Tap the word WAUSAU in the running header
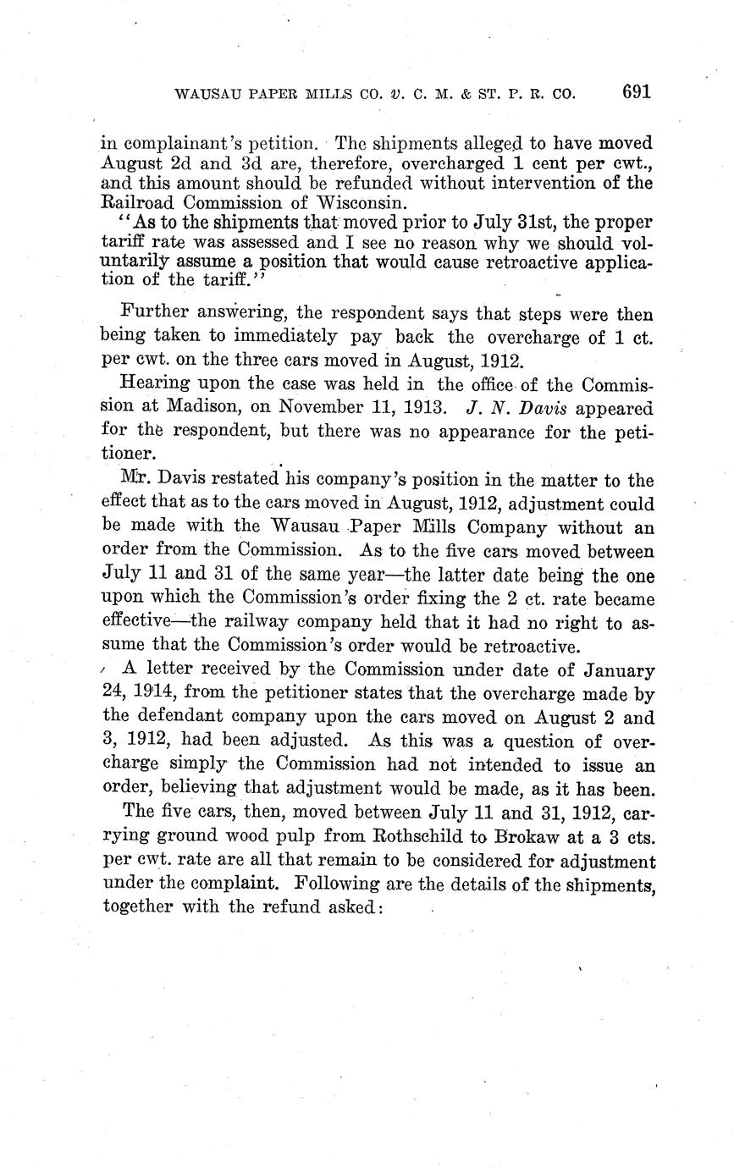[x=206, y=94]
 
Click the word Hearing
[x=156, y=385]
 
